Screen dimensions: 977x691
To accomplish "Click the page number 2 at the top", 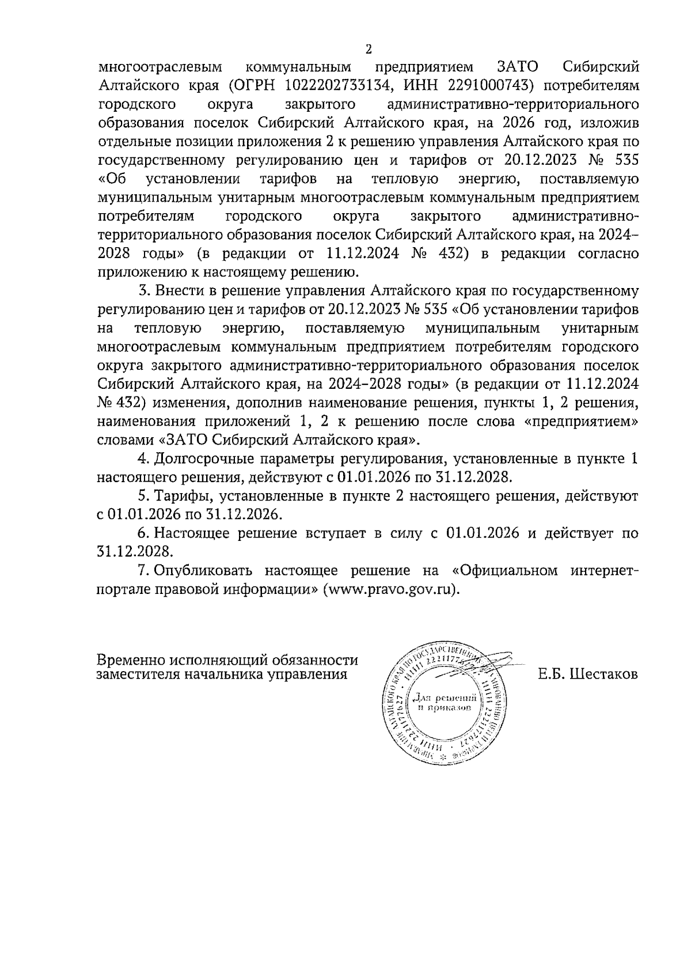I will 369,50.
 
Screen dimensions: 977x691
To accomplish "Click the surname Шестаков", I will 603,673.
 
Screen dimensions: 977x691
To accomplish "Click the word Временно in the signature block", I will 128,660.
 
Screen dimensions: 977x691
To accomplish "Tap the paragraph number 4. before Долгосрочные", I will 142,459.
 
